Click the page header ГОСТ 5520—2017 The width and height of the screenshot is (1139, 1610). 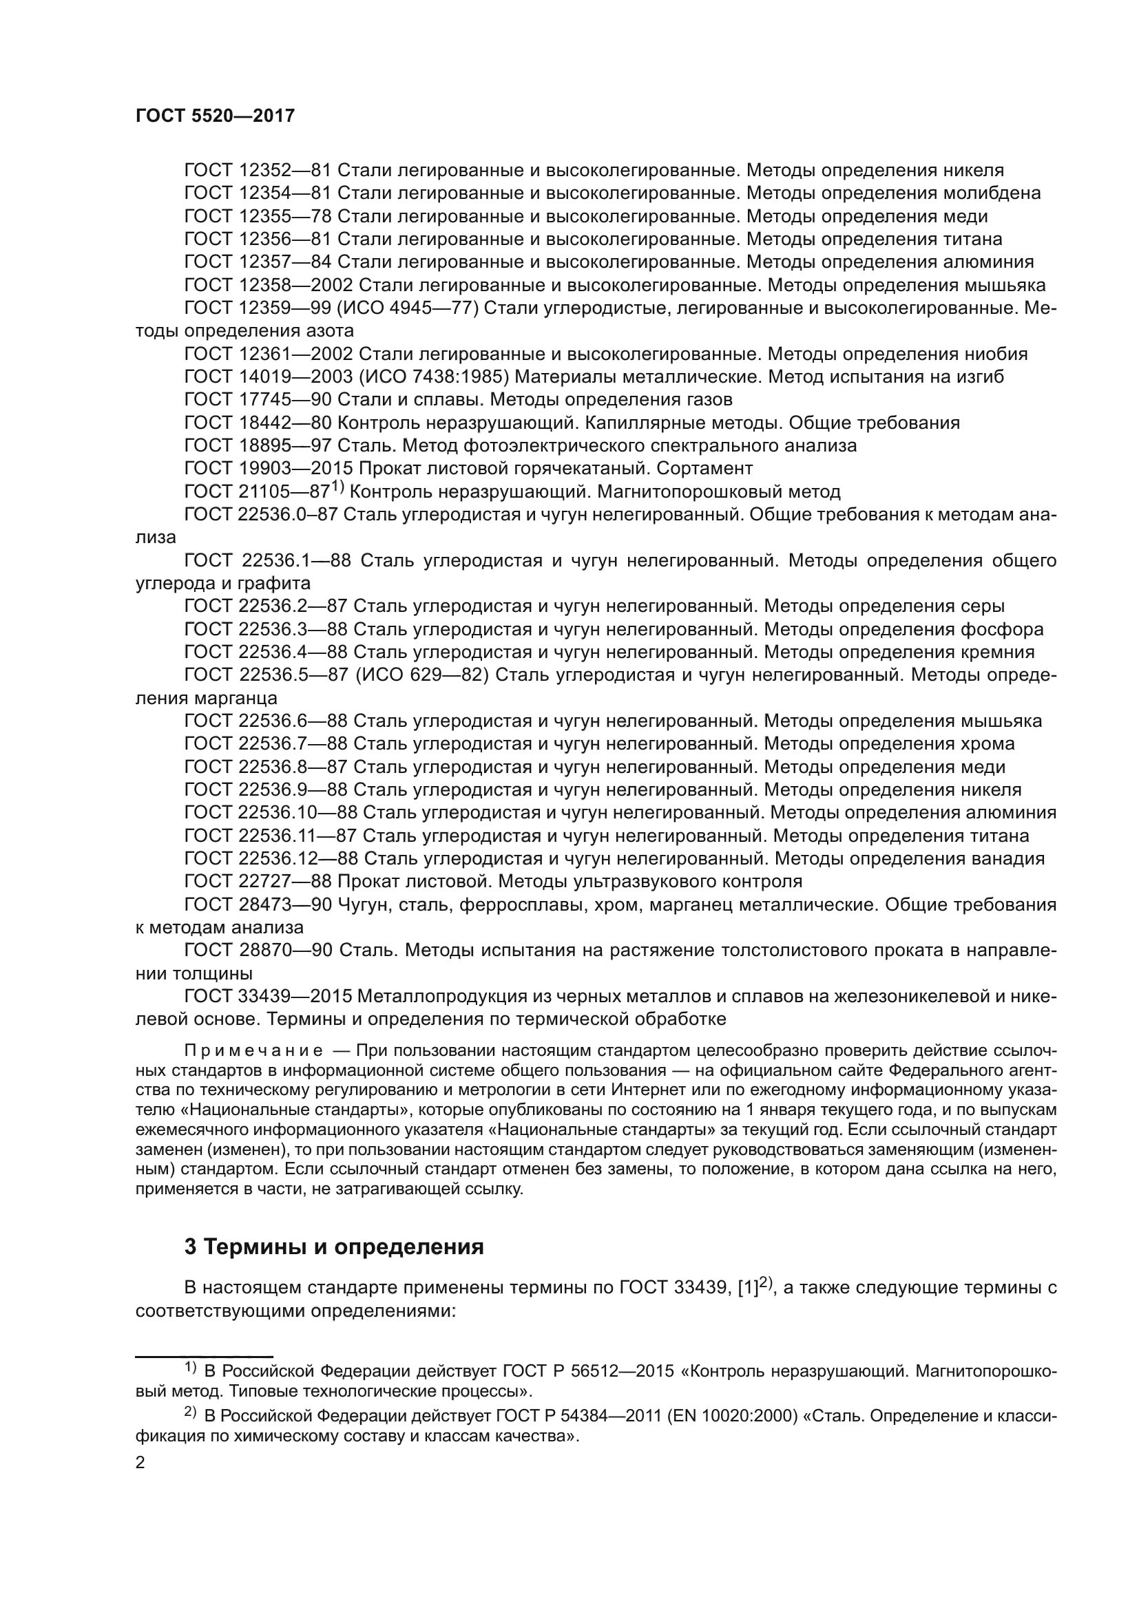pyautogui.click(x=216, y=116)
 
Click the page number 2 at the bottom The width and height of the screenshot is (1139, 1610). pyautogui.click(x=140, y=1463)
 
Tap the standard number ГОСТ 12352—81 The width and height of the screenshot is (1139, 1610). pyautogui.click(x=258, y=171)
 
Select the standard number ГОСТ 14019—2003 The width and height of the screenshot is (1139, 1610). pyautogui.click(x=269, y=377)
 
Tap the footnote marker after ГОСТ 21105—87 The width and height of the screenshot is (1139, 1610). pyautogui.click(x=338, y=486)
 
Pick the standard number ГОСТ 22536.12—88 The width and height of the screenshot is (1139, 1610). pyautogui.click(x=271, y=859)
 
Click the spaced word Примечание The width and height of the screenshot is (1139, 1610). pyautogui.click(x=253, y=1050)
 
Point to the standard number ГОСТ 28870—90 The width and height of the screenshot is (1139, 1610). pyautogui.click(x=258, y=951)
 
